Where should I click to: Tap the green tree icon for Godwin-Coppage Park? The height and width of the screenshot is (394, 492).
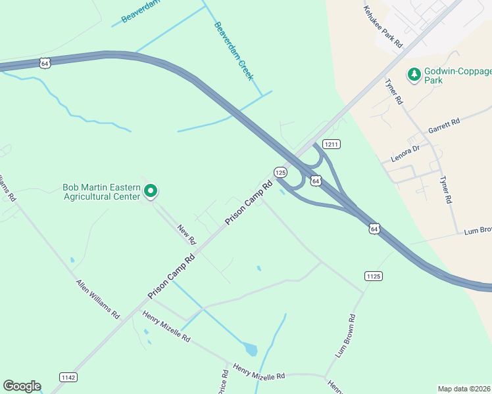pyautogui.click(x=414, y=74)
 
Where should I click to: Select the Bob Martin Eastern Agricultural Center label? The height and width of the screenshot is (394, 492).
pyautogui.click(x=101, y=191)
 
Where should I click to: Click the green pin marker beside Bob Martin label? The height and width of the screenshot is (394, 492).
pyautogui.click(x=150, y=191)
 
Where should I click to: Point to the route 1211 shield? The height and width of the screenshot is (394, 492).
pyautogui.click(x=331, y=144)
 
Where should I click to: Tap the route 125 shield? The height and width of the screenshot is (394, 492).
pyautogui.click(x=280, y=172)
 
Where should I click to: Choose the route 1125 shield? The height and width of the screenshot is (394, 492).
pyautogui.click(x=373, y=276)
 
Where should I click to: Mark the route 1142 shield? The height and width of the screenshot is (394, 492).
pyautogui.click(x=68, y=377)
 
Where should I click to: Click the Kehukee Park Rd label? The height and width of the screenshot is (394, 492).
pyautogui.click(x=382, y=27)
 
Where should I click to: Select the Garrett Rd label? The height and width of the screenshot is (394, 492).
pyautogui.click(x=444, y=123)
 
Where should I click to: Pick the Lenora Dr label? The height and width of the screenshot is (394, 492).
pyautogui.click(x=404, y=152)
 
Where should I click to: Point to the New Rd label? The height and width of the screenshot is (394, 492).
pyautogui.click(x=187, y=234)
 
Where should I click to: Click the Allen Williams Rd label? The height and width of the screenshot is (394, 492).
pyautogui.click(x=97, y=298)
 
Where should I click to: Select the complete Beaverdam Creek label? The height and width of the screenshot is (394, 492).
pyautogui.click(x=234, y=51)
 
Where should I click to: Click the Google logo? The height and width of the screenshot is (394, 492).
pyautogui.click(x=22, y=386)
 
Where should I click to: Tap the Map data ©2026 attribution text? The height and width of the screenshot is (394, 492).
pyautogui.click(x=464, y=389)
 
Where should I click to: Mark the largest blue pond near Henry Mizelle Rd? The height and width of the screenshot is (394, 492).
pyautogui.click(x=249, y=349)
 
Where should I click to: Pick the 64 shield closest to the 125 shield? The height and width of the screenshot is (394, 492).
pyautogui.click(x=316, y=180)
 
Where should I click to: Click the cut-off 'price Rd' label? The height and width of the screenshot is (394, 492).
pyautogui.click(x=225, y=382)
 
